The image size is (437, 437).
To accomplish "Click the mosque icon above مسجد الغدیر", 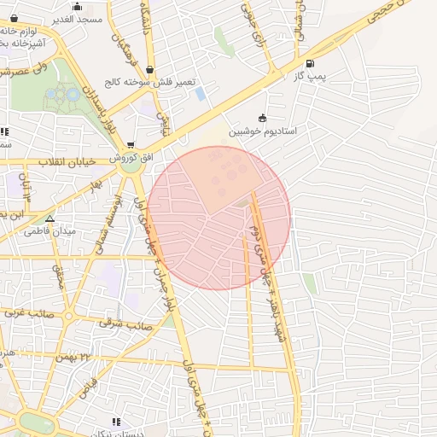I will pyautogui.click(x=78, y=6).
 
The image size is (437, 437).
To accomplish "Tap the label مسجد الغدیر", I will pyautogui.click(x=78, y=18).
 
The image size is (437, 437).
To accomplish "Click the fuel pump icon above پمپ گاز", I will pyautogui.click(x=308, y=63).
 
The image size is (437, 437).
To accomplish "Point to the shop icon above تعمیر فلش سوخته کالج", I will pyautogui.click(x=150, y=70).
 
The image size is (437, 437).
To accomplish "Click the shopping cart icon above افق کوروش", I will pyautogui.click(x=131, y=146).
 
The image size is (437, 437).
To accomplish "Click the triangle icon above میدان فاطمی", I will pyautogui.click(x=50, y=218).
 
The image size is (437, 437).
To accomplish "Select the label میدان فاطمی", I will pyautogui.click(x=50, y=231).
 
